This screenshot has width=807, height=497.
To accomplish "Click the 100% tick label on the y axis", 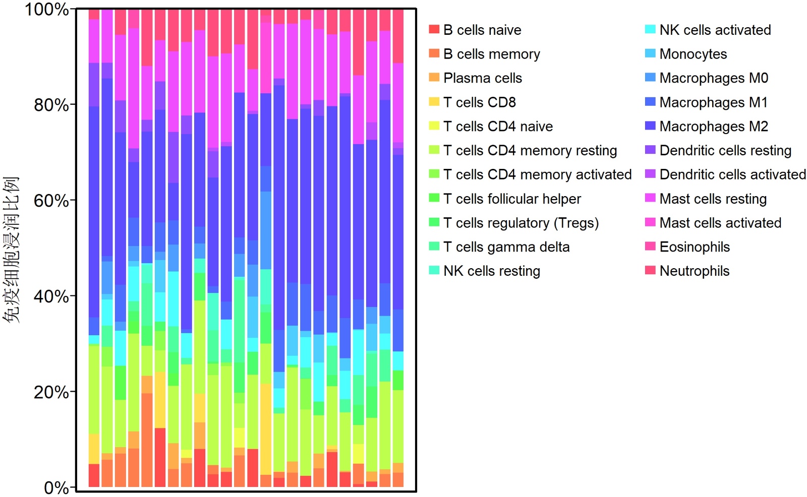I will [46, 10].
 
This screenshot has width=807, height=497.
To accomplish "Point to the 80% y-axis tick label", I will [50, 105].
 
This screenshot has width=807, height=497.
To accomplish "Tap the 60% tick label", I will [50, 201].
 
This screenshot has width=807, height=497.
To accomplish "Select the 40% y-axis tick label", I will [50, 296].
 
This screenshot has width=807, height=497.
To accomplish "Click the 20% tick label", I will [50, 392].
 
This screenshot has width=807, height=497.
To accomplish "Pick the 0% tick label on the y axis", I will [56, 487].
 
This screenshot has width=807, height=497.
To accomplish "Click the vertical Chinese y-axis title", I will [11, 250].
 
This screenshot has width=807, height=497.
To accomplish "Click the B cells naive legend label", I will [482, 30].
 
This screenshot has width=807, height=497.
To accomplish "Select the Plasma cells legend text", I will [483, 78].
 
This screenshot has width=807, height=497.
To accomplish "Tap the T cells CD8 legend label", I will [480, 102].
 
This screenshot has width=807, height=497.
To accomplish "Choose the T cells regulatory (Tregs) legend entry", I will [521, 223].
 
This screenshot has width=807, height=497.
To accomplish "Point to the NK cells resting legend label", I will [492, 271].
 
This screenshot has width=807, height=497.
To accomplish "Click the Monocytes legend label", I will [693, 54].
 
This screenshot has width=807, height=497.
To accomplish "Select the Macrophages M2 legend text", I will [714, 127].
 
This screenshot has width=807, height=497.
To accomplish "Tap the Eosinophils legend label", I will [695, 247].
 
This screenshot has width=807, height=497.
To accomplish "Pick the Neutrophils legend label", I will [695, 271].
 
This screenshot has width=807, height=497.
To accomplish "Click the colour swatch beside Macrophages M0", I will [650, 78].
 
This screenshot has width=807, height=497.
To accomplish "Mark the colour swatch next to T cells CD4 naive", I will [434, 126].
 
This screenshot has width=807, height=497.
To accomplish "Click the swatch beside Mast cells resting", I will [650, 198].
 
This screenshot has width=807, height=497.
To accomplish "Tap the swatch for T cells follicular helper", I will [434, 198].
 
